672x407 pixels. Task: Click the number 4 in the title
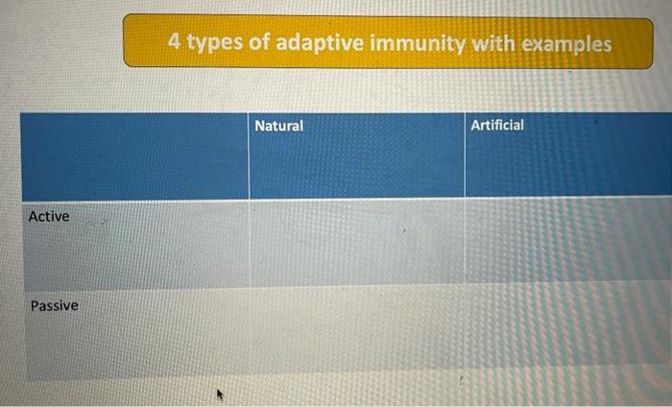(174, 42)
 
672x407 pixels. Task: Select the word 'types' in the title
(213, 44)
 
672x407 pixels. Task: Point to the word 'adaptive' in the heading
(319, 44)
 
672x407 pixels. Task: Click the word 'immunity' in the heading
(415, 44)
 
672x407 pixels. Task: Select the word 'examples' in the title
(566, 44)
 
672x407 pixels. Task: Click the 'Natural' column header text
(278, 126)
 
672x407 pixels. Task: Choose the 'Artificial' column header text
(497, 126)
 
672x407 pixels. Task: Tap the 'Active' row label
(49, 217)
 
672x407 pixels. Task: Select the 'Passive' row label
(55, 306)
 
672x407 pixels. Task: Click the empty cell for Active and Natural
(356, 242)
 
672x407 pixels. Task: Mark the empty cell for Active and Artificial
(567, 242)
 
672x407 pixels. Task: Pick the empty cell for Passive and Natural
(356, 328)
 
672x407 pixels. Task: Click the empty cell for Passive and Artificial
(567, 328)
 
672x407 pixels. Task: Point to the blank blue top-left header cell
(134, 156)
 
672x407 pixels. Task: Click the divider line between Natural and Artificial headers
(465, 156)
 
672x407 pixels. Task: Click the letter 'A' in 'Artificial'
(475, 126)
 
